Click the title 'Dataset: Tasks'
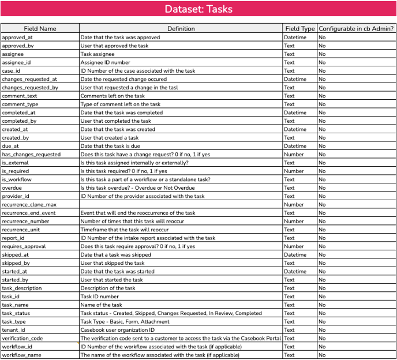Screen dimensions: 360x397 198,9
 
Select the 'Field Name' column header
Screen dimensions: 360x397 40,28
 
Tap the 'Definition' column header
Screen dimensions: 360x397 181,28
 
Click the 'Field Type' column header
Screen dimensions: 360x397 300,28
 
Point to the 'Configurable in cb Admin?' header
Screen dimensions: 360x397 356,28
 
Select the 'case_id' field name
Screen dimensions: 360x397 12,70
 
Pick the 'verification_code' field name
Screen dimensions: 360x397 23,338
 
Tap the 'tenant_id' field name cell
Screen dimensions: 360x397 13,330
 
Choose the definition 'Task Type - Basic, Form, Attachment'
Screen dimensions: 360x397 125,321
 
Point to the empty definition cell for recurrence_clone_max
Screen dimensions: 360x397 181,204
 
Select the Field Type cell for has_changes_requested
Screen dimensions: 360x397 294,155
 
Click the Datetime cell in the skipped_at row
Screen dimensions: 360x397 295,254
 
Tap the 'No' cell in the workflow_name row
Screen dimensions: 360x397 322,355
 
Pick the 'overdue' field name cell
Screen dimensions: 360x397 12,187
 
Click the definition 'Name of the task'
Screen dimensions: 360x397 101,305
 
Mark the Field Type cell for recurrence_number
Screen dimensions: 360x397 294,221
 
